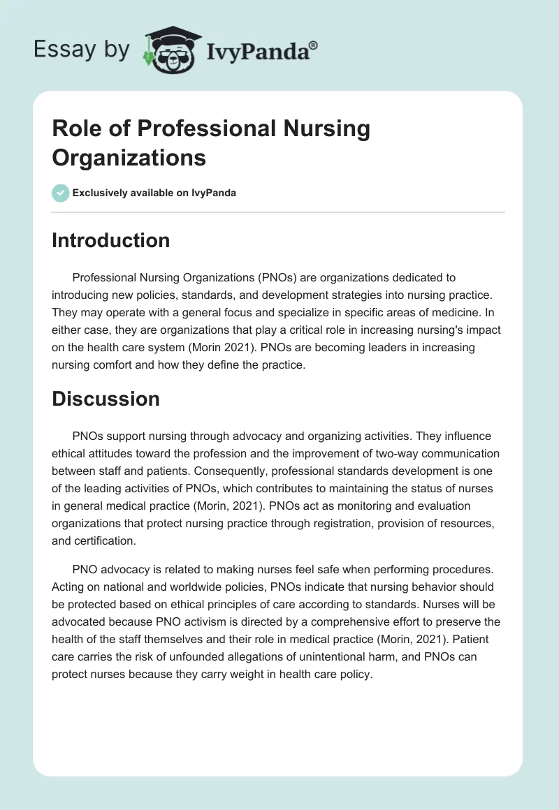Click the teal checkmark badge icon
pos(61,193)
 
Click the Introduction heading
pos(111,240)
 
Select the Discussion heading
pos(106,399)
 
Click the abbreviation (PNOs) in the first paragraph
pos(279,278)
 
